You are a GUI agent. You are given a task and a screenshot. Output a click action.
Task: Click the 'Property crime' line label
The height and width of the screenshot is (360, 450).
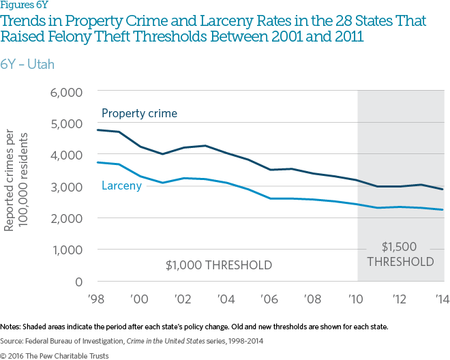[x=139, y=113]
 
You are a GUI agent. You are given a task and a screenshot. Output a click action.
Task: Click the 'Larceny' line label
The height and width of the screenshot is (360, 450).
[x=121, y=185]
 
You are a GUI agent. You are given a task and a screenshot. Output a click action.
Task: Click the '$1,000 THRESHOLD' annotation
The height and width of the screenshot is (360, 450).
[x=219, y=265]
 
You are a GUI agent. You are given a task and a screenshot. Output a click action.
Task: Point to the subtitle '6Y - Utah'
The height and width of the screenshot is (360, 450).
[x=27, y=65]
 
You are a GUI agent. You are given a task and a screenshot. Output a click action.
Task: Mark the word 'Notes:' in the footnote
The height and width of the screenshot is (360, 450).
[x=11, y=327]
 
